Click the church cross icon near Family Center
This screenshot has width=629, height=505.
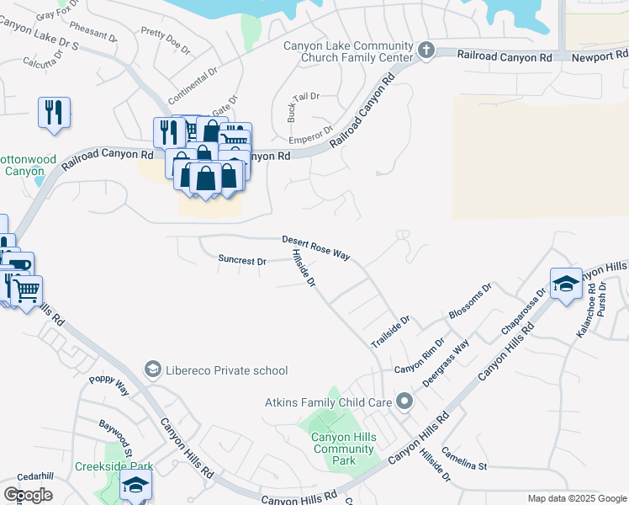(425, 51)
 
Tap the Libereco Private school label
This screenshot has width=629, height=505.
(227, 370)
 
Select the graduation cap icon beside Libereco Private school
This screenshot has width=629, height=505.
(152, 369)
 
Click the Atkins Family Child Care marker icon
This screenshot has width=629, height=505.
(404, 401)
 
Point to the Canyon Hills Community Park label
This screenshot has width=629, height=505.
(344, 449)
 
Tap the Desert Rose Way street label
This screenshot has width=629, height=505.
(315, 247)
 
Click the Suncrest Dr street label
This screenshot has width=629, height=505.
(241, 260)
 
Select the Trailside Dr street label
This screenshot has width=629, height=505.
(390, 332)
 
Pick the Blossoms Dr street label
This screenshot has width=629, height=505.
(469, 302)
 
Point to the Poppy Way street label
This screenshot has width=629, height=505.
(110, 385)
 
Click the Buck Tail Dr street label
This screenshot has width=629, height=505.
(304, 97)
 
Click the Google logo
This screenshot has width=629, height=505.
(28, 495)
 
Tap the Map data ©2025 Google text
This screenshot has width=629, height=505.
(576, 498)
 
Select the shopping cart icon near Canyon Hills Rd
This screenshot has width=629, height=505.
(27, 291)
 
